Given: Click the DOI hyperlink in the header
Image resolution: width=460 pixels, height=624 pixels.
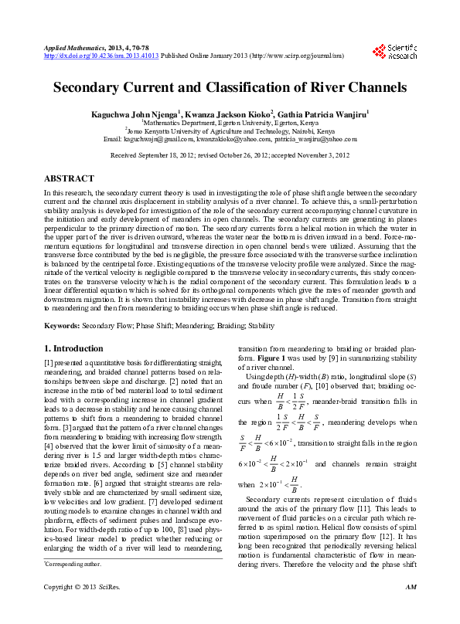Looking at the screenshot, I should click(101, 56).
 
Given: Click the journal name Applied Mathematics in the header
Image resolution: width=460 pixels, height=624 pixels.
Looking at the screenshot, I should click(70, 48).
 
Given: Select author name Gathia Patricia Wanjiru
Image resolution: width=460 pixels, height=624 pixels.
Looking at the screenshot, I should click(325, 114).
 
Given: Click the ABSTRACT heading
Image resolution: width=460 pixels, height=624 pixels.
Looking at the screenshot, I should click(70, 177).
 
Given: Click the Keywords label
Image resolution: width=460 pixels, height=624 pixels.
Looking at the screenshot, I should click(62, 326).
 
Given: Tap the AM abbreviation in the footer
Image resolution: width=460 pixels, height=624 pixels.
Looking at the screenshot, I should click(411, 610).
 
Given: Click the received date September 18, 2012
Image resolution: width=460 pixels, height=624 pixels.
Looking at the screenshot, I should click(172, 155).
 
